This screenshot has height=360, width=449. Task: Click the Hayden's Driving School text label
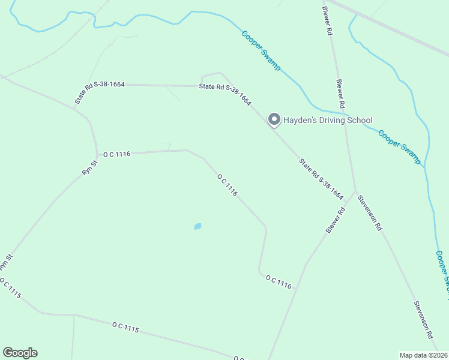pos(328,120)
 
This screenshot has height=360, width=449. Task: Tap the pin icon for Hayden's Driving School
pos(274,119)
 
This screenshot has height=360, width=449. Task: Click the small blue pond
pos(197,226)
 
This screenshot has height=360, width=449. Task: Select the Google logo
pos(20,353)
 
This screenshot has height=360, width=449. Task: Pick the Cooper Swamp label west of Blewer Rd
pos(261,51)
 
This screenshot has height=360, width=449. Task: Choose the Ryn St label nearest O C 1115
pos(6,262)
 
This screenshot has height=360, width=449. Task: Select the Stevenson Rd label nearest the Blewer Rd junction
pos(370,213)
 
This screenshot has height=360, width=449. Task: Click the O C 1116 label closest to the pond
pos(228,185)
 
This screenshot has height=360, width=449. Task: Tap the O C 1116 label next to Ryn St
pos(116,154)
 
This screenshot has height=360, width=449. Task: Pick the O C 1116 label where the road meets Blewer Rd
pos(279,282)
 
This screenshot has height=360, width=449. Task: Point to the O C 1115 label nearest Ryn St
pos(11,288)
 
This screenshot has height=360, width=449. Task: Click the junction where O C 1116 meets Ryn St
pos(98,155)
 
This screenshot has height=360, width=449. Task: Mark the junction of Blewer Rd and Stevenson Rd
pos(355,193)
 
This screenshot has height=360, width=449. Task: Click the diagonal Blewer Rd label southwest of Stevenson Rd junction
pos(336,220)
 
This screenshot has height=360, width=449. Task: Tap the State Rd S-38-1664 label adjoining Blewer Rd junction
pos(321,179)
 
